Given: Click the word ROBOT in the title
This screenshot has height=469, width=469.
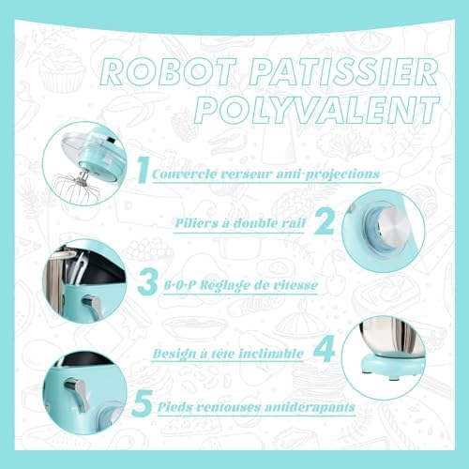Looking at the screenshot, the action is point(168,72).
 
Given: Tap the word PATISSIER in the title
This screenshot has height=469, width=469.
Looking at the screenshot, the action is point(343,72).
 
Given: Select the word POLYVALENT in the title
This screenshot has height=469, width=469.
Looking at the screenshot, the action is point(317,110).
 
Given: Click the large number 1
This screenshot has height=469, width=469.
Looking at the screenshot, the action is point(143,170).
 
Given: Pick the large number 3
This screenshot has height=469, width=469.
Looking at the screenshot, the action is point(147,282).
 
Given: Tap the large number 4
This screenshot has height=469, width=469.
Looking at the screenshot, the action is point(325,350).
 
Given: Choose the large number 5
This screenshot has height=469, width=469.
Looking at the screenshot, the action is point(143,403).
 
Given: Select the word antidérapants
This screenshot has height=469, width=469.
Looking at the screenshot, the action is point(310,407).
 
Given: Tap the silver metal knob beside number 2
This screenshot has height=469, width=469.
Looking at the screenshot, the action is point(393,227).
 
